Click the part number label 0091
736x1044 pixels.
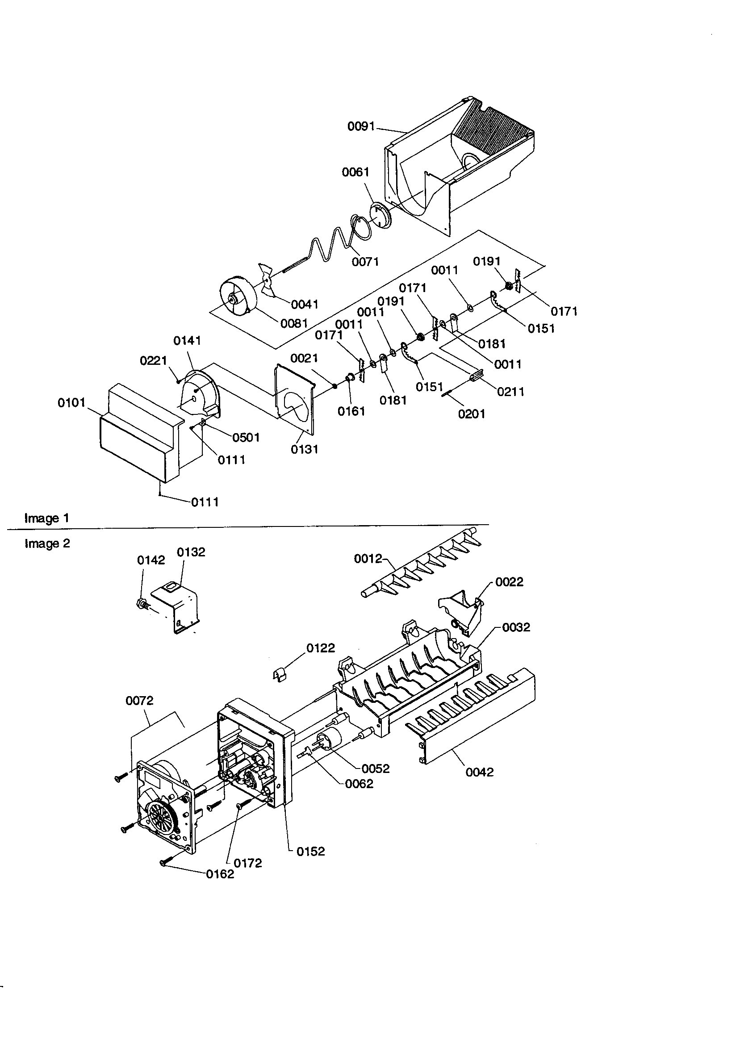coord(361,126)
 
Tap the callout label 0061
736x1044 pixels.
coord(355,172)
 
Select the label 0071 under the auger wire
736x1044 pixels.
coord(365,262)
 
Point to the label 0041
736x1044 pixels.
coord(304,304)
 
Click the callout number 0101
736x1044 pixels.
coord(71,402)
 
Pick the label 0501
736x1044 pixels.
coord(246,438)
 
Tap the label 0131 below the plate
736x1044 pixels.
coord(304,449)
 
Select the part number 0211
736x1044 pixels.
coord(510,392)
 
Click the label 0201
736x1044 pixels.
coord(472,414)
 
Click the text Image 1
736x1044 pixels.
coord(46,518)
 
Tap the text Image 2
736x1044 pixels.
coord(47,543)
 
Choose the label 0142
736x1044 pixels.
coord(151,560)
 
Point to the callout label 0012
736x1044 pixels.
coord(368,558)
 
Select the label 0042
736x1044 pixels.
coord(480,772)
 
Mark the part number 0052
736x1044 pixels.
coord(376,768)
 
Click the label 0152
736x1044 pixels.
coord(311,852)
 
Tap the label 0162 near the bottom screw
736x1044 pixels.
coord(220,874)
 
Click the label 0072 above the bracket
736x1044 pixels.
coord(139,701)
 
